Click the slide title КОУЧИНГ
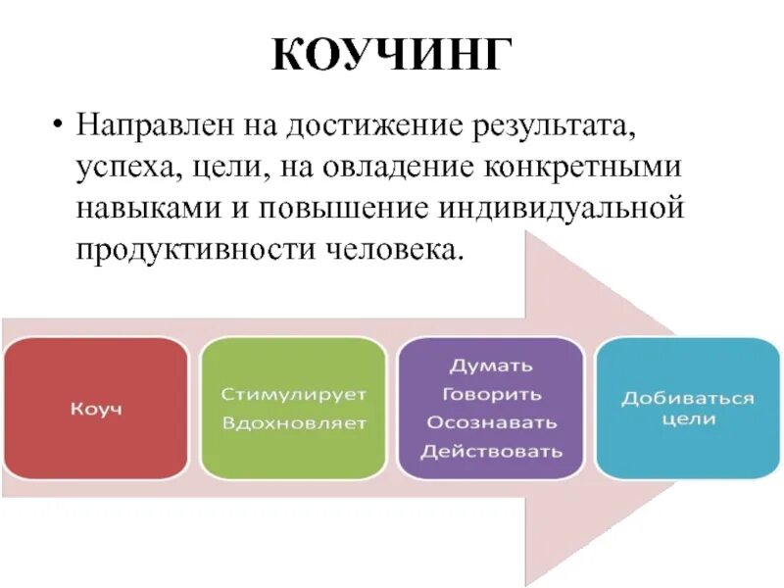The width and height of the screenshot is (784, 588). pos(391,55)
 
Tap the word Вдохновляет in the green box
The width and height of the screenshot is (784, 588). pos(293,423)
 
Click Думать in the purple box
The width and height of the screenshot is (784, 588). pos(491,366)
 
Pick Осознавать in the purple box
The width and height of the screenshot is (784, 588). pos(491,422)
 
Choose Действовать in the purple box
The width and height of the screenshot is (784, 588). pos(491,451)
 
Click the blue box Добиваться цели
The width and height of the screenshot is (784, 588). pos(688,408)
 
